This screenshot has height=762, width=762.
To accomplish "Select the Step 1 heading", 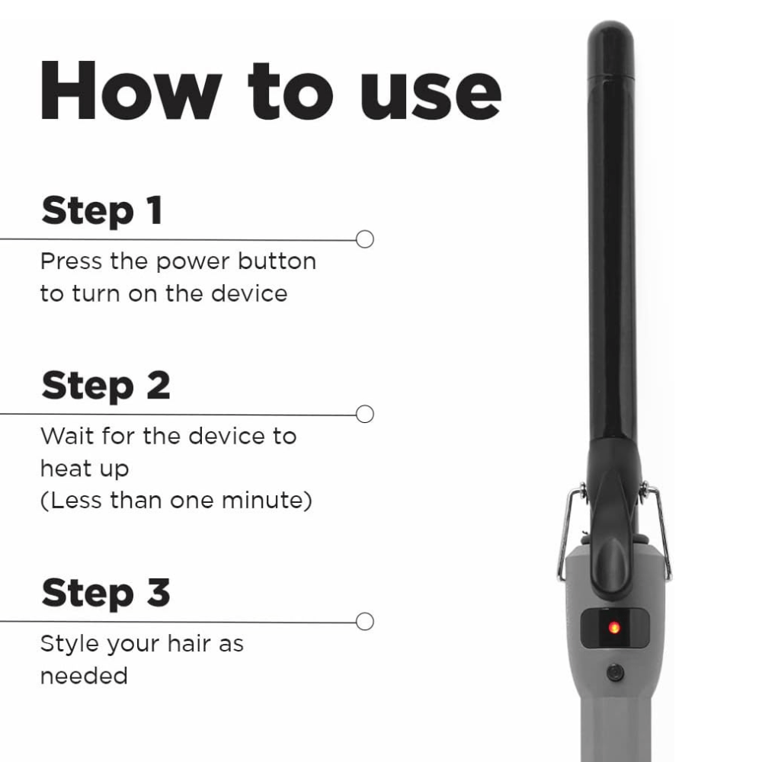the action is (102, 210).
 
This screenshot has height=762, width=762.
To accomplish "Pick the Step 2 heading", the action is (106, 386).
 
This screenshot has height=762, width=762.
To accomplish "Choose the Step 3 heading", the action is (106, 593).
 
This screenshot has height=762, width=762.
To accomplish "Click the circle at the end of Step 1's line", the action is (364, 239).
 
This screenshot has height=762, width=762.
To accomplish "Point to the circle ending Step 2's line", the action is (364, 414).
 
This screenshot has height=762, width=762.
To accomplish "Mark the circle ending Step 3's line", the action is (364, 622).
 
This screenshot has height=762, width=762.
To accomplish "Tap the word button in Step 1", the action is (277, 261).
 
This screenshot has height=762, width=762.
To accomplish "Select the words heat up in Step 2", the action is (85, 469).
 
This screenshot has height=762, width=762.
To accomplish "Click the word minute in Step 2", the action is (267, 501).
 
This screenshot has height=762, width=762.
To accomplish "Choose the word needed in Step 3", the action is (84, 676).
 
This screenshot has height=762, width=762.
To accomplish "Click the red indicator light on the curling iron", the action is (614, 627).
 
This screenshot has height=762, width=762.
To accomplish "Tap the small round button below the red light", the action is (615, 673).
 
